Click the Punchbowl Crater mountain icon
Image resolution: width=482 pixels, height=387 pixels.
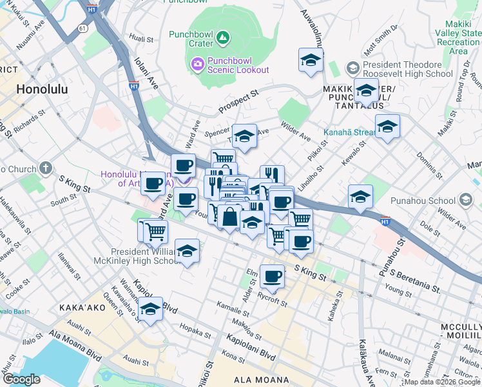coord(223,38)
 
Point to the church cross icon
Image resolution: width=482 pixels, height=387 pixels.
coord(44,169)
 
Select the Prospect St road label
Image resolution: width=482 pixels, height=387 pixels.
coord(238,97)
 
